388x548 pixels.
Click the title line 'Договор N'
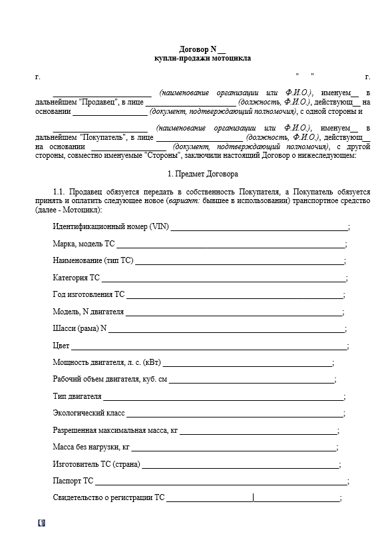point(202,49)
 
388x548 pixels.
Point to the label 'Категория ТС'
point(76,278)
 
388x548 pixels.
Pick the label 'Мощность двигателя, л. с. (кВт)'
point(106,363)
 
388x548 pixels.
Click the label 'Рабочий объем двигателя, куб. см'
point(110,380)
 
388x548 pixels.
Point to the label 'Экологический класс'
point(89,413)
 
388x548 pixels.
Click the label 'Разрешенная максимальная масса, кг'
point(115,431)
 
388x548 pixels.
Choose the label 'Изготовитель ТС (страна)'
point(96,464)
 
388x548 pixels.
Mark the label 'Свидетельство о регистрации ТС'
point(108,498)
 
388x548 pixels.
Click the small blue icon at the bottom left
point(42,523)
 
